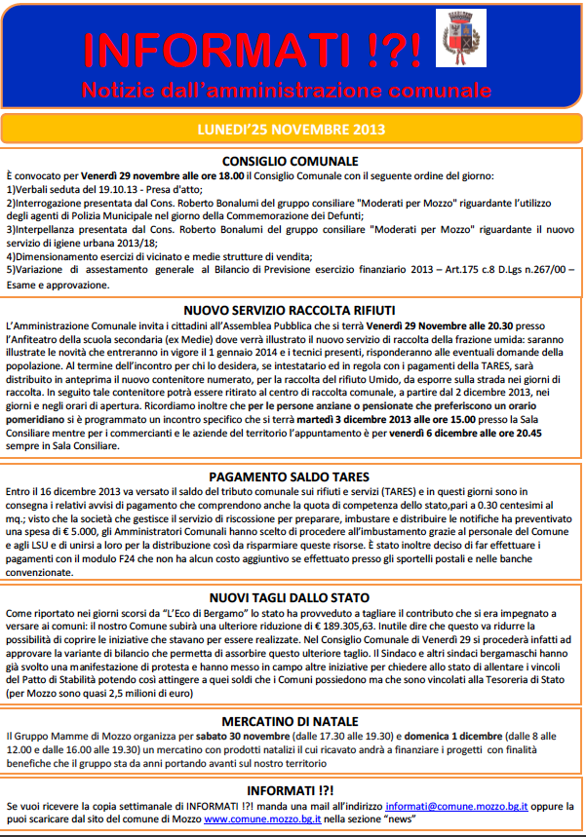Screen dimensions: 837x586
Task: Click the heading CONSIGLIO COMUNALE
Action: (x=291, y=161)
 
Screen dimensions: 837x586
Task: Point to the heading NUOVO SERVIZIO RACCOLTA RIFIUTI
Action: (x=291, y=305)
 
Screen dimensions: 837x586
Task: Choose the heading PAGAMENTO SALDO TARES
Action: (x=291, y=477)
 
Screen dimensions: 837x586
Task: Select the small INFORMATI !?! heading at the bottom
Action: (x=291, y=790)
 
